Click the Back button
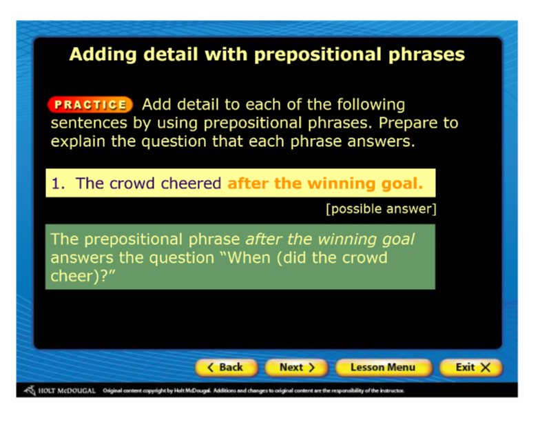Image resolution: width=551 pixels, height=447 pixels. [227, 368]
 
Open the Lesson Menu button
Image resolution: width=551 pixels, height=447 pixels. [383, 368]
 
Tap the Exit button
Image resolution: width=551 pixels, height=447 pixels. [471, 368]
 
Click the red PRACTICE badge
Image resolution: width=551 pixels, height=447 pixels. [90, 105]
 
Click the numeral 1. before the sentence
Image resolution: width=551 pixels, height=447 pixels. [59, 183]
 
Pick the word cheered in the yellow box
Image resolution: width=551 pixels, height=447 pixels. [191, 183]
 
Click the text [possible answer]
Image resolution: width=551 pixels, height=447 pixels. [381, 209]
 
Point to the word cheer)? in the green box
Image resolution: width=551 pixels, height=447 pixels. [83, 276]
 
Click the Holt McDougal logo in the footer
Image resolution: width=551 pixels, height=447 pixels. [59, 390]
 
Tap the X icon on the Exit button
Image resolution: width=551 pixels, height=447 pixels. [486, 368]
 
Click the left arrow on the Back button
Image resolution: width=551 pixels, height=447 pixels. [211, 368]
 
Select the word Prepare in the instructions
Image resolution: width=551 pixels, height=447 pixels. [407, 123]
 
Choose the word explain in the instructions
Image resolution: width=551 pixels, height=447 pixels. [78, 142]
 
